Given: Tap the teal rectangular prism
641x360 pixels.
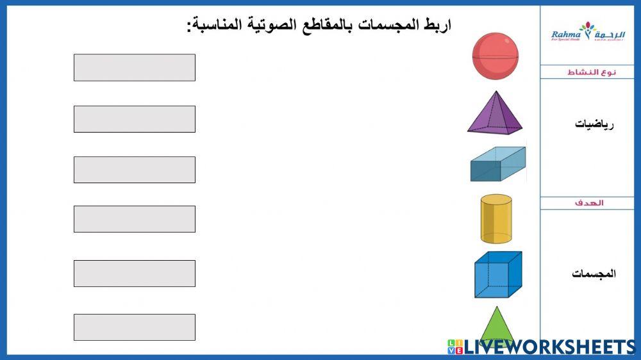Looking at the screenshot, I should (x=497, y=164).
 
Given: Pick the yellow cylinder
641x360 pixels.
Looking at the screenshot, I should (x=496, y=219).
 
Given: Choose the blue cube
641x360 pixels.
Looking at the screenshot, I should (x=497, y=274).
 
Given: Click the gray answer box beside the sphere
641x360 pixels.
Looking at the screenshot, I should (x=135, y=67).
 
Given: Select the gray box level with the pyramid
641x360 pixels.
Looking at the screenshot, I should (x=135, y=119).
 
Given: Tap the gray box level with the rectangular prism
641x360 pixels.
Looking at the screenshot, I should (x=135, y=170).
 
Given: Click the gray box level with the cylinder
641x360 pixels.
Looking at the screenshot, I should (x=135, y=219).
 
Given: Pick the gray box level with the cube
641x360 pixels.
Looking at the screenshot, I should (x=135, y=274).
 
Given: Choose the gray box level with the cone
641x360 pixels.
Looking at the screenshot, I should (x=135, y=327).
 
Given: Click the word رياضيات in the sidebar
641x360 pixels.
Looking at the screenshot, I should (x=594, y=124).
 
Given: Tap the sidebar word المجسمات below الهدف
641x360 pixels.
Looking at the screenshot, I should (x=594, y=274).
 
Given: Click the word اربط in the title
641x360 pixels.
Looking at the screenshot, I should (x=438, y=25).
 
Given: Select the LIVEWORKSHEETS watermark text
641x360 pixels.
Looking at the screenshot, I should (x=548, y=347).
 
